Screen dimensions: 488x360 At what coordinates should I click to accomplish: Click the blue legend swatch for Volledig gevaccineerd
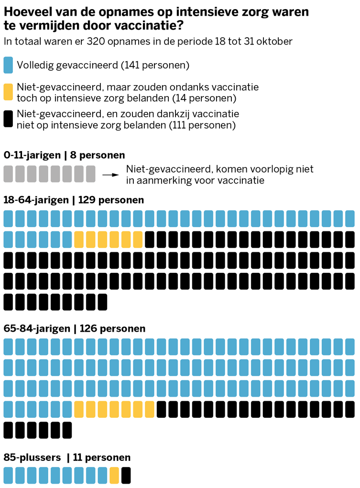[8, 65]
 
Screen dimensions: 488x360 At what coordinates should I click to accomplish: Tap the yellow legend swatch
[8, 92]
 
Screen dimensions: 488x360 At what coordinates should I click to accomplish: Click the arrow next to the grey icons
[111, 174]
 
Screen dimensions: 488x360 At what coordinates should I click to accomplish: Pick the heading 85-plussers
[32, 457]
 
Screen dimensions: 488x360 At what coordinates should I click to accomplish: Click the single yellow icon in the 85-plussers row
[114, 475]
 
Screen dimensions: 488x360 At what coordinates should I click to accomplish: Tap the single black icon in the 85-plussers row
[126, 475]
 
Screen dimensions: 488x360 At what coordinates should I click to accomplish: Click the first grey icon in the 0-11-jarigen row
[8, 174]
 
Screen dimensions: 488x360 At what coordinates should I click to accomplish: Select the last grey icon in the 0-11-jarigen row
[91, 174]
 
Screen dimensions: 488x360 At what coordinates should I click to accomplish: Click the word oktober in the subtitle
[273, 41]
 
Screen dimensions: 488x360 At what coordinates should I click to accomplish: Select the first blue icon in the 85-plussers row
[8, 475]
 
